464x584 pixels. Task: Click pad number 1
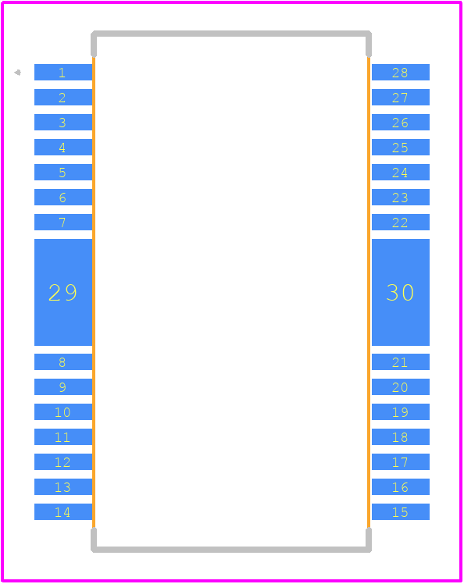pyautogui.click(x=63, y=73)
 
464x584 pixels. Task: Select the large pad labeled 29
pyautogui.click(x=63, y=292)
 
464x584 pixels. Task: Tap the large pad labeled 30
pyautogui.click(x=401, y=292)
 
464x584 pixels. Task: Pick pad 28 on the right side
pyautogui.click(x=401, y=73)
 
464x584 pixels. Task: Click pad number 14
pyautogui.click(x=63, y=511)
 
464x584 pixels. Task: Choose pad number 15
pyautogui.click(x=401, y=511)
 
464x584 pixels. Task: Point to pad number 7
pyautogui.click(x=63, y=222)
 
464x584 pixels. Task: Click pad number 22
pyautogui.click(x=401, y=222)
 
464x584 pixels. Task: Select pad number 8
pyautogui.click(x=63, y=362)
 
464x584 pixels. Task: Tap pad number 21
pyautogui.click(x=401, y=362)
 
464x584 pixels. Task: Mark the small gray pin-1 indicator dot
pyautogui.click(x=17, y=73)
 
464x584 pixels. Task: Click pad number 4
pyautogui.click(x=63, y=147)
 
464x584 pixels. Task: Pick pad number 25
pyautogui.click(x=401, y=147)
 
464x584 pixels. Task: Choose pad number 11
pyautogui.click(x=63, y=437)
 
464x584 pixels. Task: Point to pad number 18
pyautogui.click(x=401, y=437)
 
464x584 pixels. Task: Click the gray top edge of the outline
pyautogui.click(x=231, y=34)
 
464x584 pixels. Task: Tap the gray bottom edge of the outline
pyautogui.click(x=231, y=550)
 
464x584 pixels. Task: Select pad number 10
pyautogui.click(x=63, y=412)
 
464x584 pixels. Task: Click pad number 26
pyautogui.click(x=401, y=122)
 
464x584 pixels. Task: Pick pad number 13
pyautogui.click(x=63, y=486)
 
